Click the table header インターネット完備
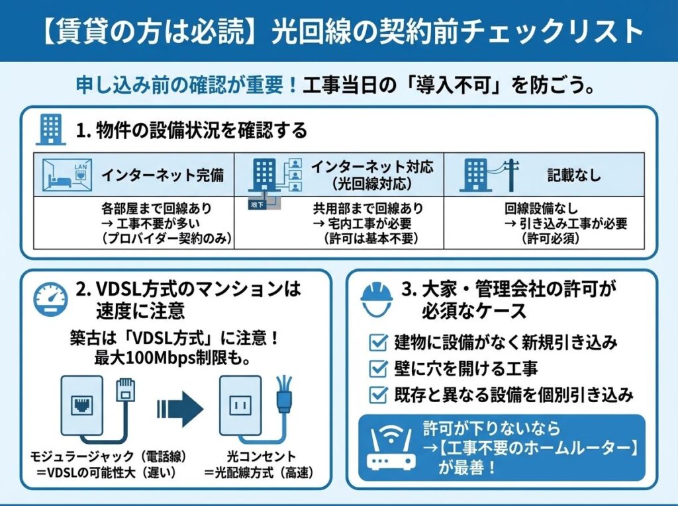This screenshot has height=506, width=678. tap(162, 175)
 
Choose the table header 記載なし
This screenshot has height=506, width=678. tap(574, 175)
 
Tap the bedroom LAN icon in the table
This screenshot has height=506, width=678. tap(66, 175)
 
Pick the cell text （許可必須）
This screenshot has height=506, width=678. tap(552, 239)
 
